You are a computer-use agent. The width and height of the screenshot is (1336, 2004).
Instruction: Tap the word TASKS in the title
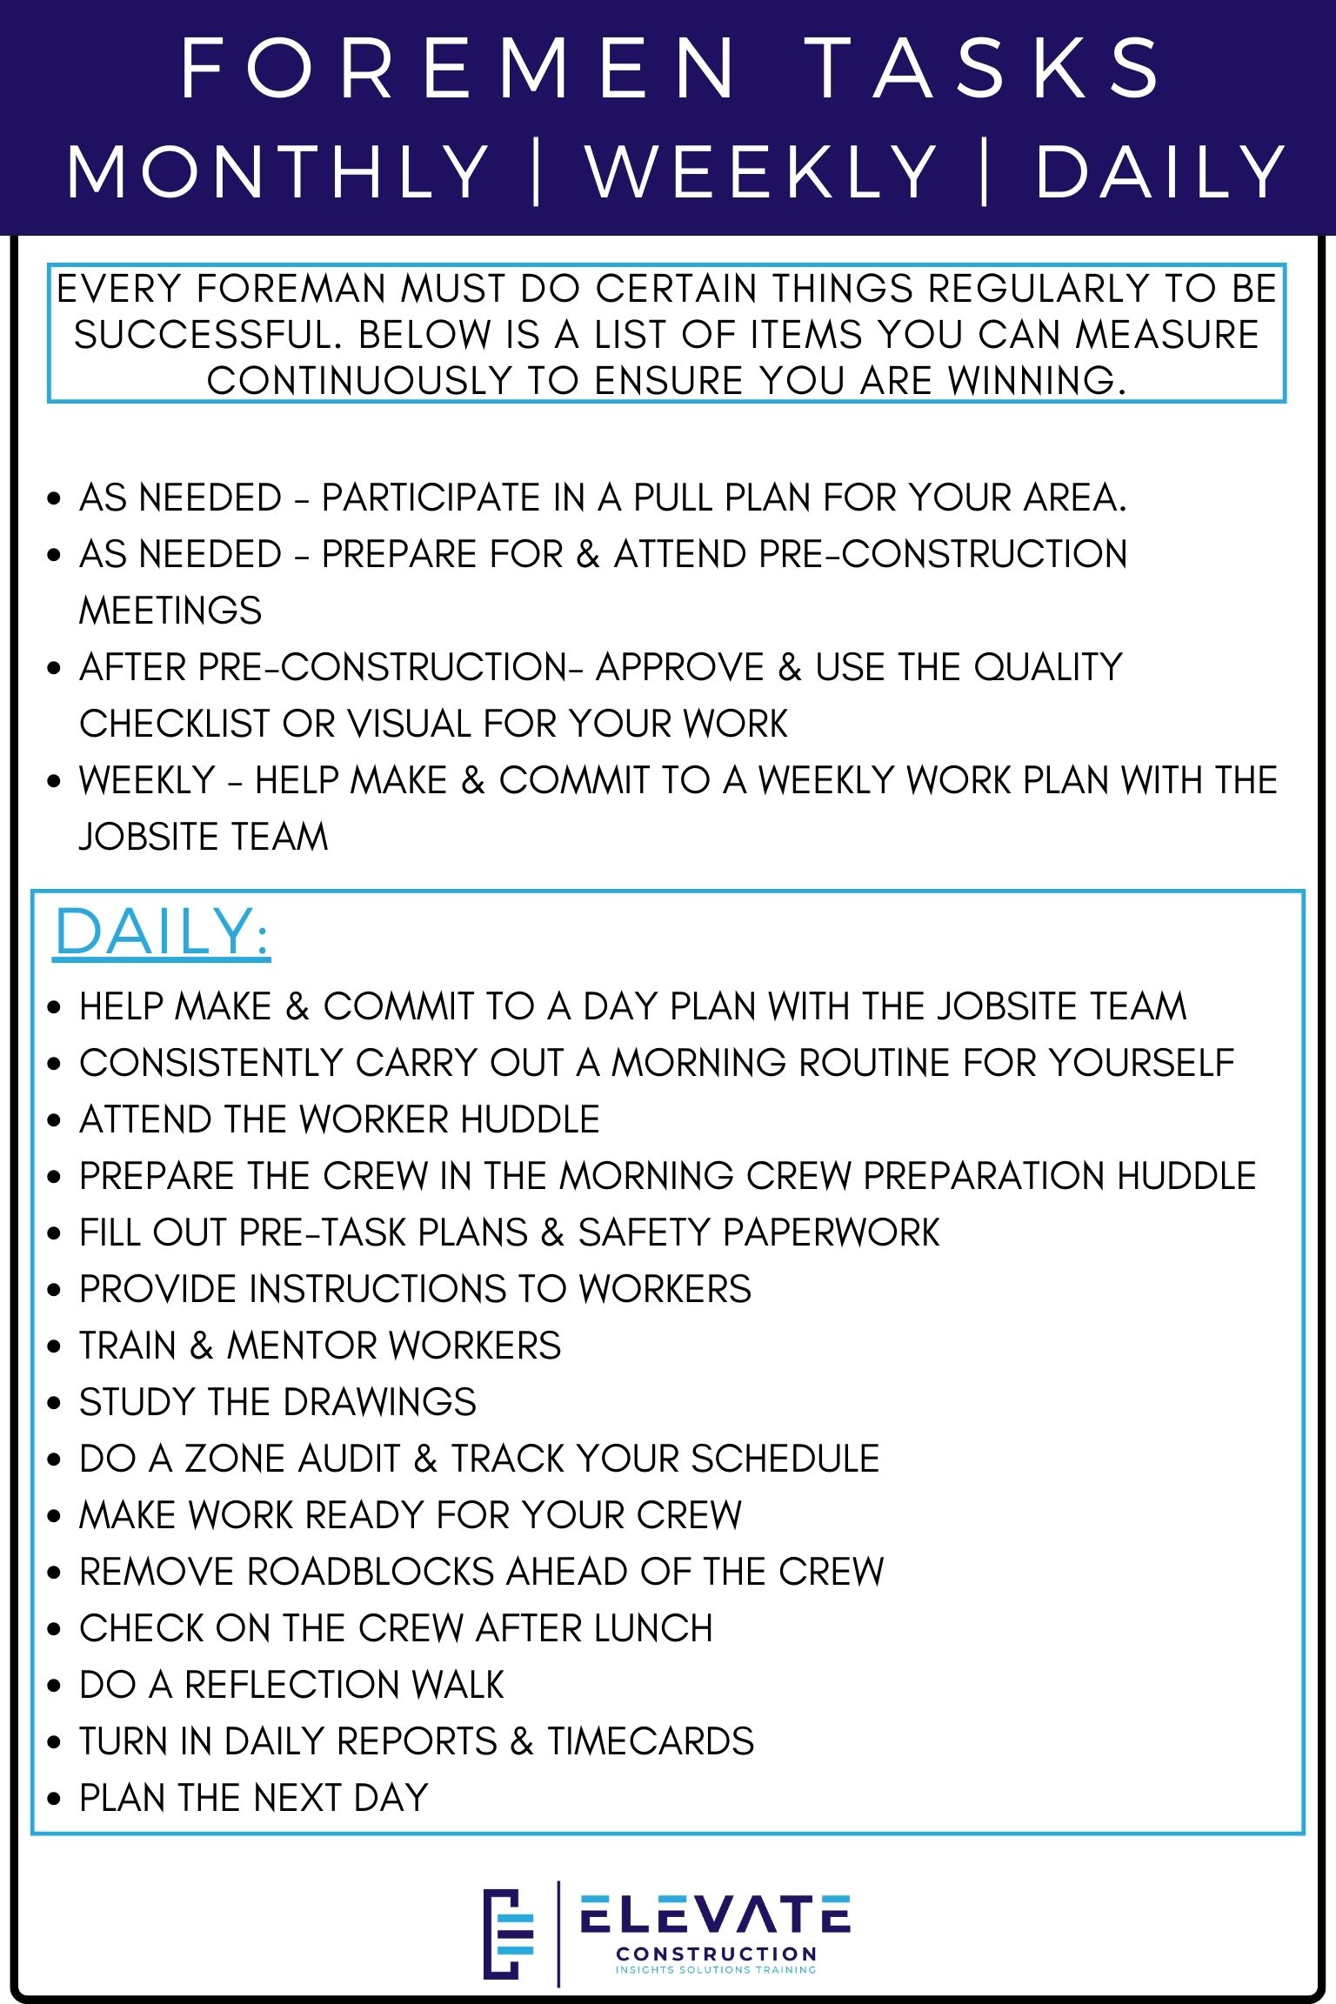coord(985,68)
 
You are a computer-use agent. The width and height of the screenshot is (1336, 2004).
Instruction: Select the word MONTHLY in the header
coord(278,171)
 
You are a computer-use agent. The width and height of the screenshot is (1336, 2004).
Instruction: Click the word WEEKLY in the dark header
coord(761,171)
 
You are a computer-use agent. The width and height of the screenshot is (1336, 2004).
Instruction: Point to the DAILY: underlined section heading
coord(162,932)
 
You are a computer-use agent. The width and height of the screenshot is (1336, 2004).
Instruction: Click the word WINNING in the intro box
coord(1035,380)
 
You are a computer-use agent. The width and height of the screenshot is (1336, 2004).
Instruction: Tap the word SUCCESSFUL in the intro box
coord(209,335)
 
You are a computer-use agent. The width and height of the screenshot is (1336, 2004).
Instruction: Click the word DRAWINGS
coord(379,1402)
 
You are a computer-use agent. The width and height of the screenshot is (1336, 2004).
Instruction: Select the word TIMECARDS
coord(651,1741)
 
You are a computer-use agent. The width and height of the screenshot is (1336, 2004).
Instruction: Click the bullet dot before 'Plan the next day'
coord(55,1799)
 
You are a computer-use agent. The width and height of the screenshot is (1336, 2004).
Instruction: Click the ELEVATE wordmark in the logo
coord(715,1914)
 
